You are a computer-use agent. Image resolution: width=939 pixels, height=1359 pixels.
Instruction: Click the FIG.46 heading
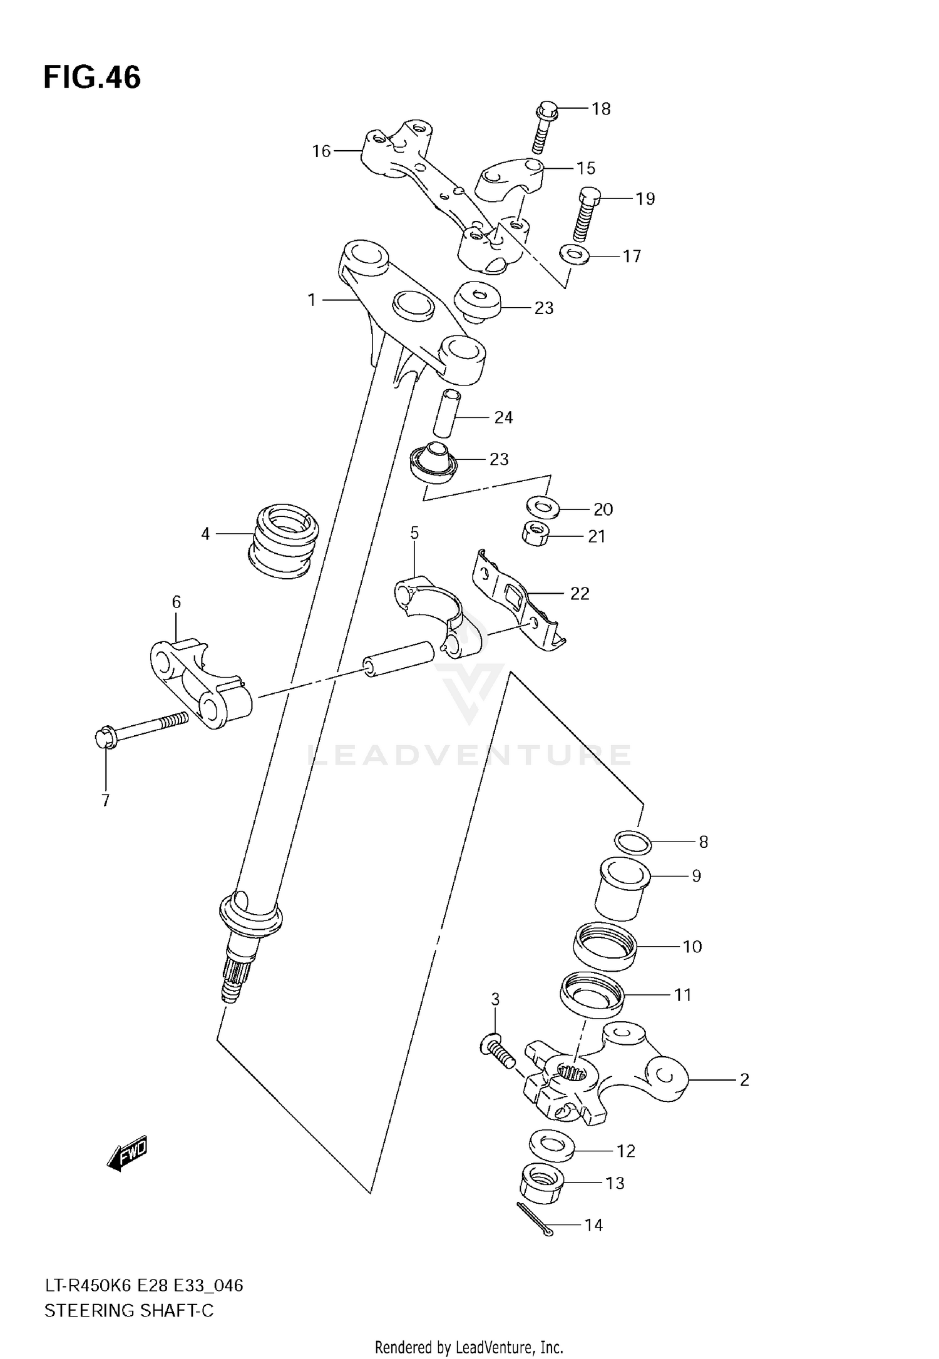[x=92, y=78]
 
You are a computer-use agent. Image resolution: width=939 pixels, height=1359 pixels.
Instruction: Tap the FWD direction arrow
[x=127, y=1153]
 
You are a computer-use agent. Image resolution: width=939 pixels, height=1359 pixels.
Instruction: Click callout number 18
[x=600, y=109]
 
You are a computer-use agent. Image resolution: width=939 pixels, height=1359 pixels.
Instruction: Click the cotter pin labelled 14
[x=534, y=1219]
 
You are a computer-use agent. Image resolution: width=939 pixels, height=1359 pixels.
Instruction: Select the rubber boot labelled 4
[x=284, y=539]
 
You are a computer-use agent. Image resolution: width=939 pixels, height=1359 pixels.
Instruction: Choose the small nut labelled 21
[x=535, y=534]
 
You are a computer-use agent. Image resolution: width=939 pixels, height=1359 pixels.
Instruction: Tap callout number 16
[x=321, y=151]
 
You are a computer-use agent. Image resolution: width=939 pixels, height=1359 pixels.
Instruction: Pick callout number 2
[x=744, y=1080]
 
